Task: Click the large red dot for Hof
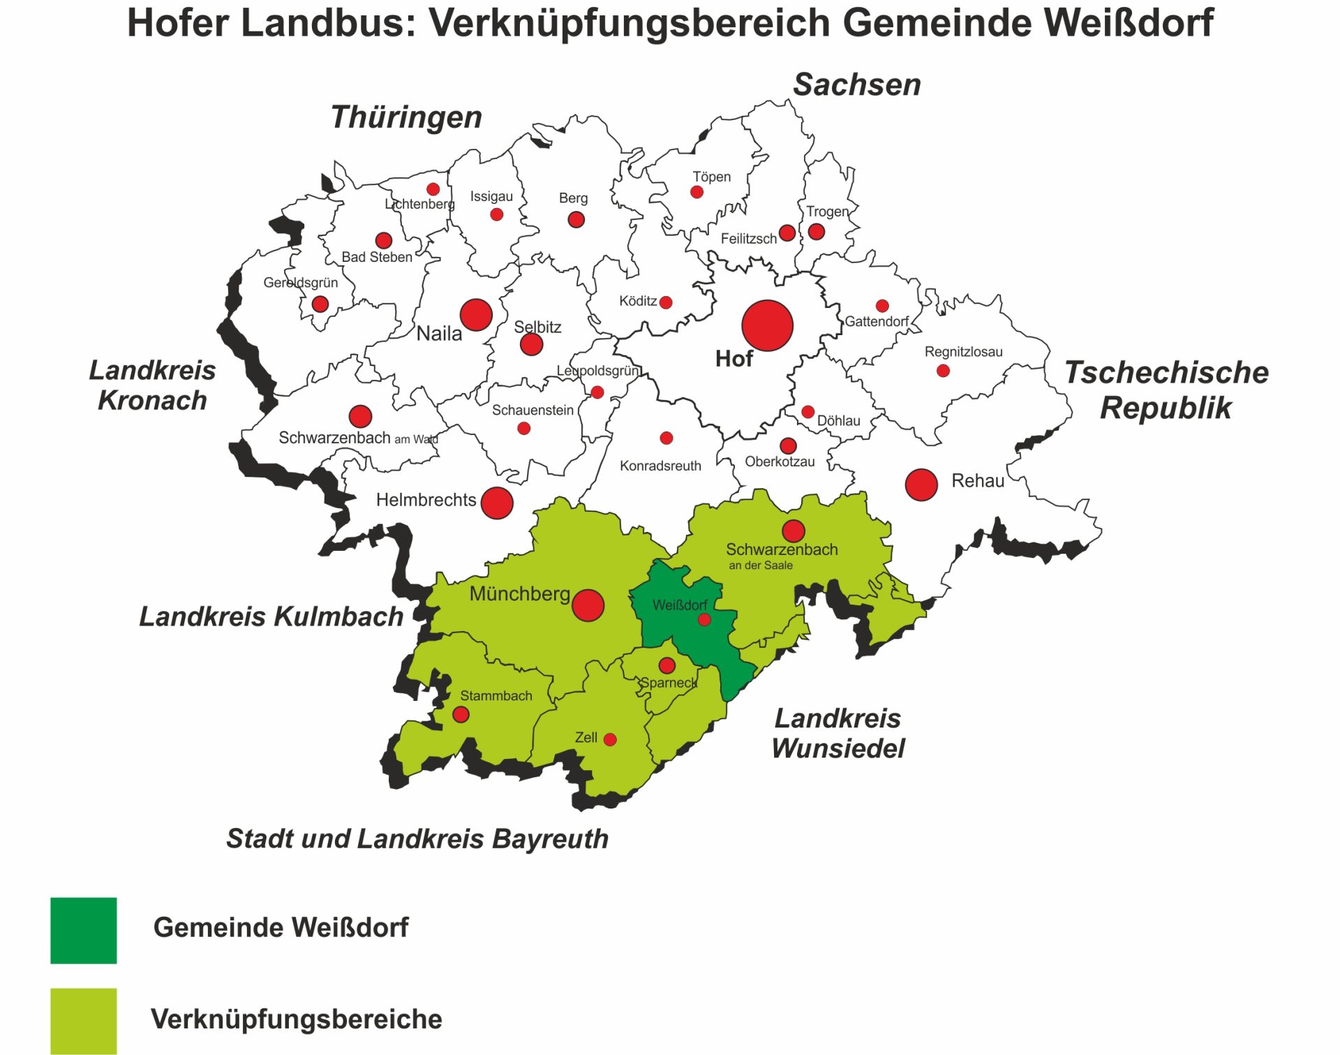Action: point(767,325)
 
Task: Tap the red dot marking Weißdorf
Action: point(704,619)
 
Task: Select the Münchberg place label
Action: point(519,594)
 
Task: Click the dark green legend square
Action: point(84,930)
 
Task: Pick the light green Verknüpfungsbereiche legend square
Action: point(84,1020)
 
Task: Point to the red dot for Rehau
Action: point(921,485)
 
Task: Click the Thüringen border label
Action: point(406,117)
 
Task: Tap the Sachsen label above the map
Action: point(856,84)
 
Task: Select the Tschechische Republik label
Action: point(1166,390)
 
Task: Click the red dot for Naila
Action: point(476,315)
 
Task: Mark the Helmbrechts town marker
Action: point(497,503)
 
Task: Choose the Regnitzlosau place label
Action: point(963,352)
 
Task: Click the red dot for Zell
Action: point(610,739)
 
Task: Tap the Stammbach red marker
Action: point(461,714)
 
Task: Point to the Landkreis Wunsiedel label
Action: point(837,733)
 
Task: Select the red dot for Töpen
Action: point(697,192)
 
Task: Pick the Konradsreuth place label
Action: point(660,466)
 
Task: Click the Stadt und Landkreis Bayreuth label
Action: point(417,839)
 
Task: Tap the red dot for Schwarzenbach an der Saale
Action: point(793,531)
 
